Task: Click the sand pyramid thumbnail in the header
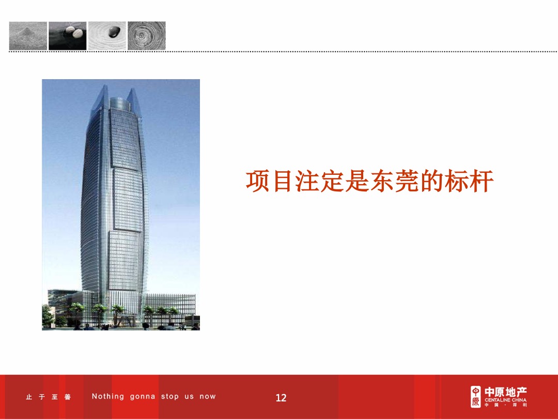(28, 36)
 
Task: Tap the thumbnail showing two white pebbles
(68, 36)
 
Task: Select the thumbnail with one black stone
(107, 36)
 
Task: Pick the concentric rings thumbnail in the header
(147, 36)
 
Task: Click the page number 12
(281, 398)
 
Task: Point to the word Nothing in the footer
(108, 397)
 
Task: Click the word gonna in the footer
(143, 397)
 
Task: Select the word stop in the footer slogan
(169, 397)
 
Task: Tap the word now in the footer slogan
(208, 397)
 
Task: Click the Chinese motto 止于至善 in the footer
(49, 397)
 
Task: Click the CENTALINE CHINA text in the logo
(505, 400)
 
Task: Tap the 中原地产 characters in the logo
(505, 392)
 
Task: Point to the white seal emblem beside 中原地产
(475, 396)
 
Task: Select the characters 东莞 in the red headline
(394, 182)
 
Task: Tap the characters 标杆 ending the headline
(469, 182)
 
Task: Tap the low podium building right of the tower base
(171, 305)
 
